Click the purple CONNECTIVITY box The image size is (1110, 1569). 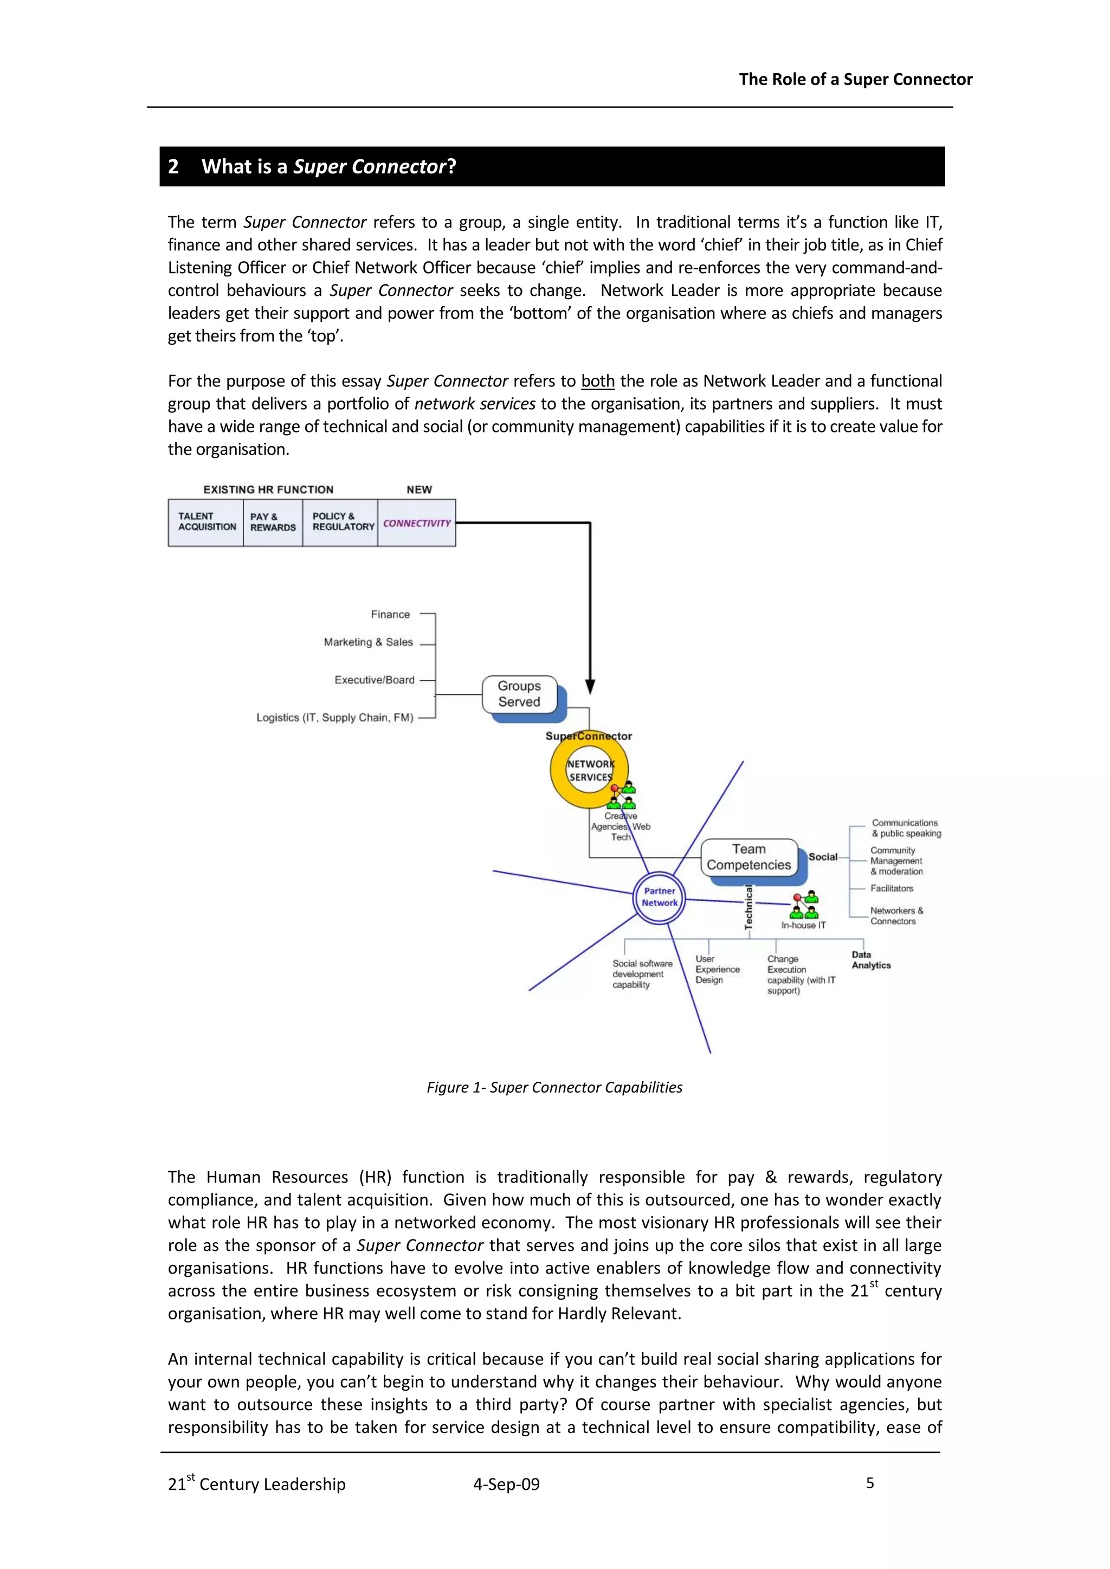[417, 523]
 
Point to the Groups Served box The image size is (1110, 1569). [519, 694]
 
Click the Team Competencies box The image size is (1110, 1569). [749, 857]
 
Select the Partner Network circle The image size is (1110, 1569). [660, 898]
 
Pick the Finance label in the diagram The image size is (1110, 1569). [390, 615]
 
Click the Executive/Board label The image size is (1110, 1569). [375, 680]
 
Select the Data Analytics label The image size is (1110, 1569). [871, 960]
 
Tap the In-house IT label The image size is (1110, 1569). [803, 925]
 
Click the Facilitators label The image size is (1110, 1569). [891, 888]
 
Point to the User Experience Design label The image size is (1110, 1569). [717, 969]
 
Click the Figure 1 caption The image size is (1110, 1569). [554, 1087]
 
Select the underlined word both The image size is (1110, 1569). [597, 382]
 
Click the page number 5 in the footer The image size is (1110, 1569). [869, 1483]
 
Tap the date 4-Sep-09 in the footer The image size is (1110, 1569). [506, 1484]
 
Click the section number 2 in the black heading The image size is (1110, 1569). [173, 167]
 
